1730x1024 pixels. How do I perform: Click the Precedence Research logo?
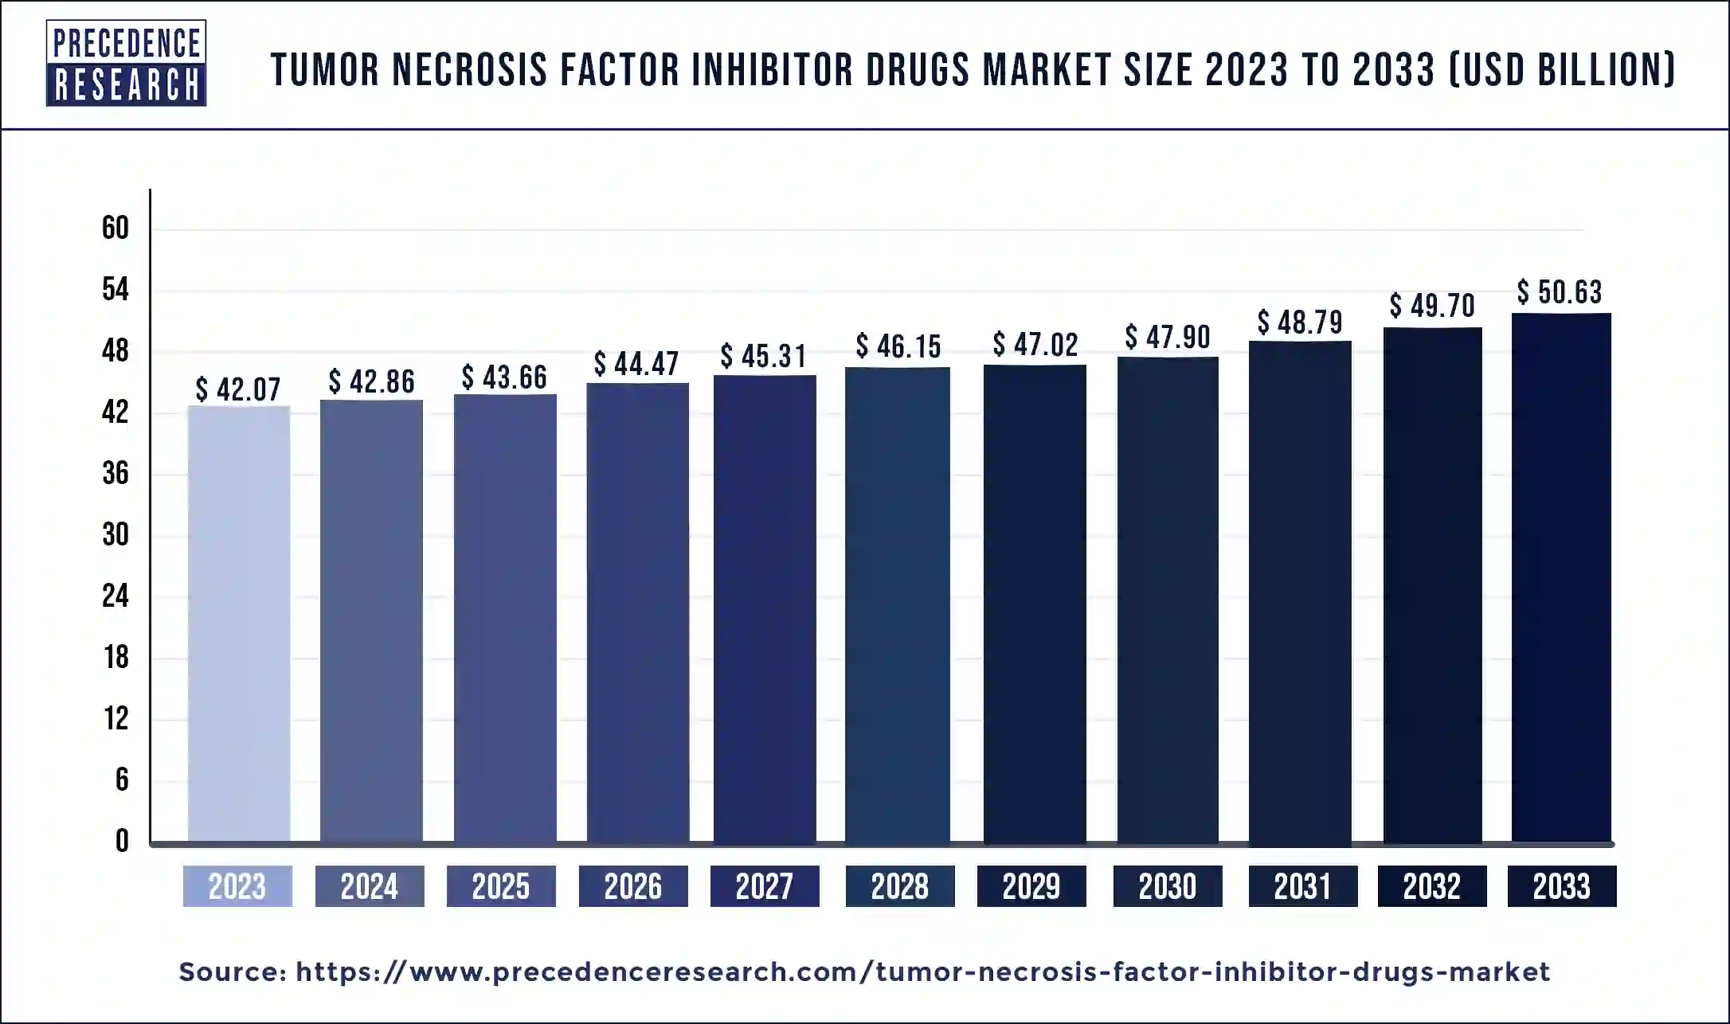click(126, 63)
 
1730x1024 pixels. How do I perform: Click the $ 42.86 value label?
click(371, 381)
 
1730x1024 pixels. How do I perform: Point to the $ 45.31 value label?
click(763, 356)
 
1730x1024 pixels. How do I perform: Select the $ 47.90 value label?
click(1167, 337)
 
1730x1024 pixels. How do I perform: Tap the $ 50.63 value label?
click(1559, 291)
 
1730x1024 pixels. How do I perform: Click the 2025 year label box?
click(501, 886)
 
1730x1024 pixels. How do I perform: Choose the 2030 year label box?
click(1167, 886)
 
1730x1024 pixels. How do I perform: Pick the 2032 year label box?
click(1431, 886)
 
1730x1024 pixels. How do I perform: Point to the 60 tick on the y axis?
click(115, 229)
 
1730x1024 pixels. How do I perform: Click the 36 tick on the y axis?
click(115, 474)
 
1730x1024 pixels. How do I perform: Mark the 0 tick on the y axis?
click(121, 841)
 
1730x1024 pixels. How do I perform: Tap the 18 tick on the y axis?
click(115, 658)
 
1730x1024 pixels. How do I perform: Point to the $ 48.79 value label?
click(1299, 322)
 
